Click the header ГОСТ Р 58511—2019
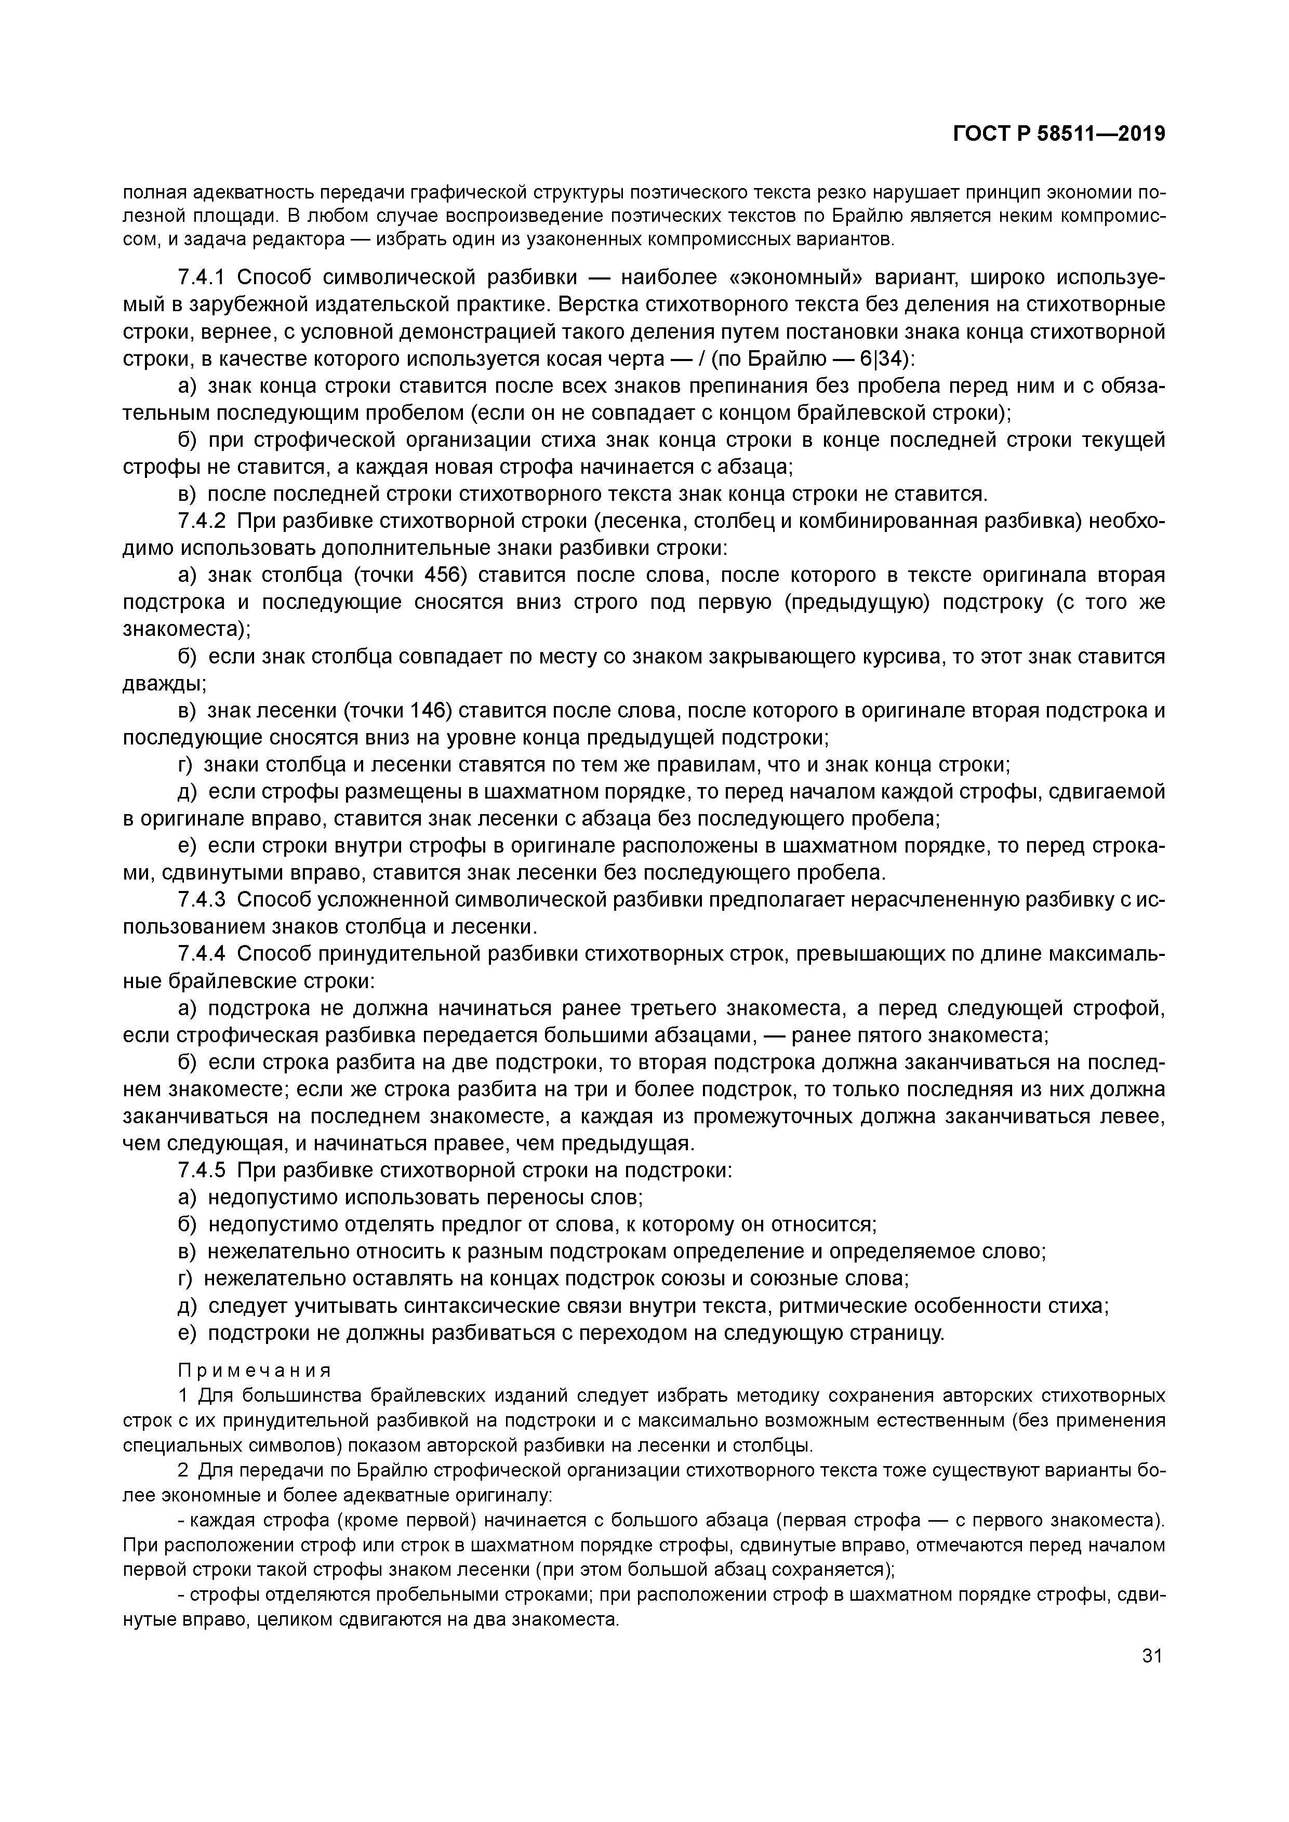pos(1059,134)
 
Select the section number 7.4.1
pos(202,278)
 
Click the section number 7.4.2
pos(202,522)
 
